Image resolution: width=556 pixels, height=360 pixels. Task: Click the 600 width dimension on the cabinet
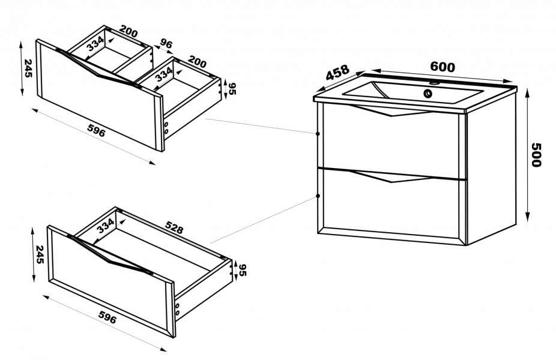pyautogui.click(x=442, y=67)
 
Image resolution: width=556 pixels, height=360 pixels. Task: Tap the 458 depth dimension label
pyautogui.click(x=337, y=73)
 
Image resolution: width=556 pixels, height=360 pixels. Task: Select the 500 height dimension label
pyautogui.click(x=536, y=154)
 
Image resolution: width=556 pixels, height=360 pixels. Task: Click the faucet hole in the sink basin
pyautogui.click(x=428, y=94)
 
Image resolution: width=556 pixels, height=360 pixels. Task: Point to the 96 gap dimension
pyautogui.click(x=166, y=44)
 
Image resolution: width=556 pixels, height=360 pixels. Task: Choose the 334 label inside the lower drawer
pyautogui.click(x=106, y=226)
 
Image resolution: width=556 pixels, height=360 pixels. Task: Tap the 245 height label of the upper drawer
pyautogui.click(x=28, y=68)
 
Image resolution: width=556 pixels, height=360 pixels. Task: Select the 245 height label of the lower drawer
pyautogui.click(x=40, y=254)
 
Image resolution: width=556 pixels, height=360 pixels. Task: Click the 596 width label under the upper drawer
pyautogui.click(x=96, y=131)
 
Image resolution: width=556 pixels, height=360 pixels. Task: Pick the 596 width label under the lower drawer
pyautogui.click(x=107, y=317)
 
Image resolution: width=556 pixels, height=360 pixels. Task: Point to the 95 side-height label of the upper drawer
pyautogui.click(x=232, y=89)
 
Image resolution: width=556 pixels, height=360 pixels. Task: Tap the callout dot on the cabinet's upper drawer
pyautogui.click(x=318, y=134)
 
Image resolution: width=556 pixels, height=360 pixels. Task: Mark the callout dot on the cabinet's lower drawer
pyautogui.click(x=318, y=196)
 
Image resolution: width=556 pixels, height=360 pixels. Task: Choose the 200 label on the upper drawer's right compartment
pyautogui.click(x=197, y=62)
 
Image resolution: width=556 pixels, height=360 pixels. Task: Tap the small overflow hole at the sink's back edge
pyautogui.click(x=434, y=83)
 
